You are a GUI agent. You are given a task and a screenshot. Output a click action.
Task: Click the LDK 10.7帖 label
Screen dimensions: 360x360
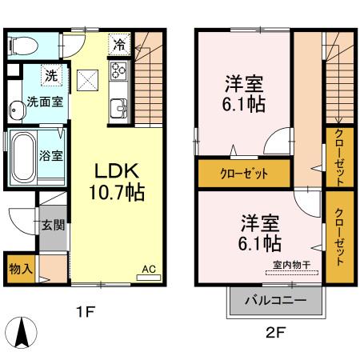point(119,182)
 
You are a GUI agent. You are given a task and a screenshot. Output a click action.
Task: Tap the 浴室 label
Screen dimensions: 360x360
point(52,155)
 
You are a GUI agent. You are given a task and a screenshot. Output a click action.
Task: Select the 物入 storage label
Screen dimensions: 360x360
point(20,267)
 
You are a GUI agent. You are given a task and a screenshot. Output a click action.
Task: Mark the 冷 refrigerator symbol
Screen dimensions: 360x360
point(118,45)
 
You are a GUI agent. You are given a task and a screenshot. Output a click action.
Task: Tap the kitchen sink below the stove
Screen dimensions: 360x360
point(118,106)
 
